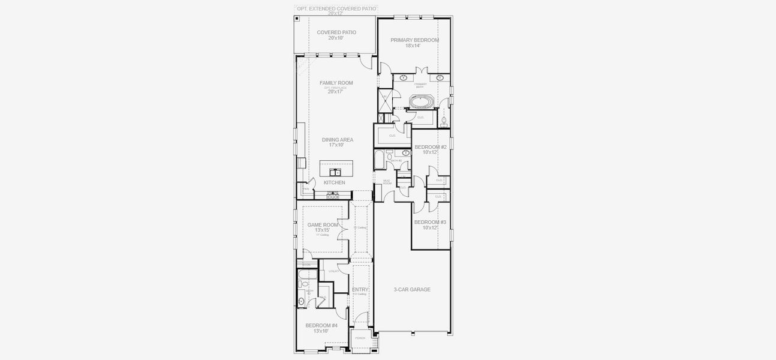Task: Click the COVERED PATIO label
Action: click(336, 32)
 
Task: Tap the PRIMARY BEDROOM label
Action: click(414, 40)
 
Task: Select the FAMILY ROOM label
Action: click(336, 83)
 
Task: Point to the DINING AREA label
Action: click(337, 140)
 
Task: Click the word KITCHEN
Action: click(334, 182)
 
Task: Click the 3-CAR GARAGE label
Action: click(412, 289)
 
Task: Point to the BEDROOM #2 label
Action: click(431, 147)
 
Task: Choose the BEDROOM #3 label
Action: click(430, 222)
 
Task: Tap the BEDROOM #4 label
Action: click(321, 325)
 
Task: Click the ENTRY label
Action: click(360, 289)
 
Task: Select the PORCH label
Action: click(360, 338)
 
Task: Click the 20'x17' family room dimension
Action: click(336, 92)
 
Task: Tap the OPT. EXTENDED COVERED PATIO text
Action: click(336, 8)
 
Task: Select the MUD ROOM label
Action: click(378, 182)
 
